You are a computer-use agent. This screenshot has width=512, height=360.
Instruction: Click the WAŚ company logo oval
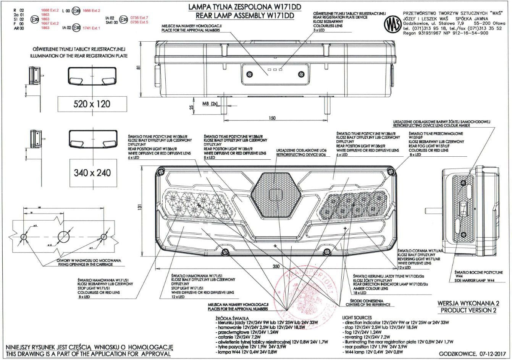click(391, 25)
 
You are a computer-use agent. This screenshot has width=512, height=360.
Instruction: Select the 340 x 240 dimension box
click(92, 173)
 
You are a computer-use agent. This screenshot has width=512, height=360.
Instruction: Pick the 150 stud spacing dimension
click(271, 118)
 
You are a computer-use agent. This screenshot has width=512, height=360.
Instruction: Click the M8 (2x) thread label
click(209, 104)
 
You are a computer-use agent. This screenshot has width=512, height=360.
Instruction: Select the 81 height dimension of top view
click(138, 67)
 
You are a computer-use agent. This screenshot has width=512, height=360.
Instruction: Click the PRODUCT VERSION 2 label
click(468, 310)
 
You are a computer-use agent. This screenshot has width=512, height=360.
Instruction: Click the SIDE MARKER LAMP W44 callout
click(475, 280)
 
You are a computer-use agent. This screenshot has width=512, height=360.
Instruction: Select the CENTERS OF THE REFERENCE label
click(368, 305)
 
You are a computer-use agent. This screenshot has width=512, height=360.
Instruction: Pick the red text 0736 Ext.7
click(139, 18)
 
